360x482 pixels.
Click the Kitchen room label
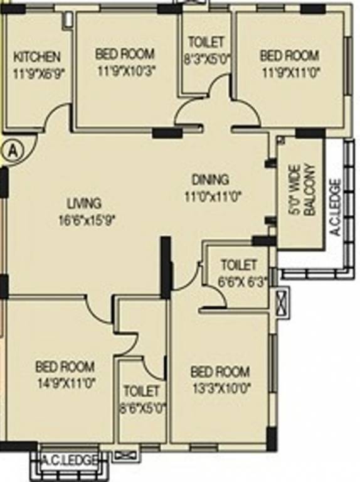click(38, 57)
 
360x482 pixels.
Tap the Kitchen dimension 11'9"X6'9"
click(38, 72)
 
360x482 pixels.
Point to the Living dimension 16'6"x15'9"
click(87, 219)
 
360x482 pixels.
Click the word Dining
click(210, 179)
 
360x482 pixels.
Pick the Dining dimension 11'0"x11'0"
click(213, 195)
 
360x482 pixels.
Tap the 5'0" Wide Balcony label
click(300, 190)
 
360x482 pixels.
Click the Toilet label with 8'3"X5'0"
click(206, 43)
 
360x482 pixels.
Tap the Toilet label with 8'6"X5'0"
click(142, 391)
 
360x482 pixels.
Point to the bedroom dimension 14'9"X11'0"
click(65, 382)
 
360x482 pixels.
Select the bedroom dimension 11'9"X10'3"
click(125, 70)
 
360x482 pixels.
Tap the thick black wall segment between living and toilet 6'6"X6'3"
click(166, 267)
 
